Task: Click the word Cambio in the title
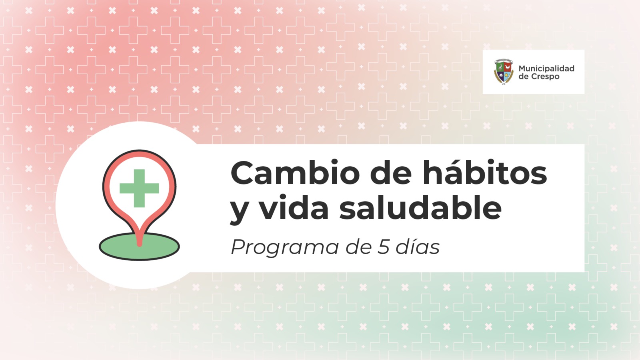point(295,173)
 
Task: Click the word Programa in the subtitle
point(285,248)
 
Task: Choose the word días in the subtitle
point(418,246)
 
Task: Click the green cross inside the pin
point(139,188)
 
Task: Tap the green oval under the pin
point(139,246)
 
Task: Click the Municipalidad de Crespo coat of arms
point(504,72)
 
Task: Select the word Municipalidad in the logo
point(546,68)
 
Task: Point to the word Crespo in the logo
point(545,77)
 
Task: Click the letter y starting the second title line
point(239,210)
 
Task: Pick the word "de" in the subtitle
point(358,246)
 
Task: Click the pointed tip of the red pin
point(140,245)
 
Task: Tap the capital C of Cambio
point(242,173)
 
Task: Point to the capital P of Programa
point(238,247)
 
